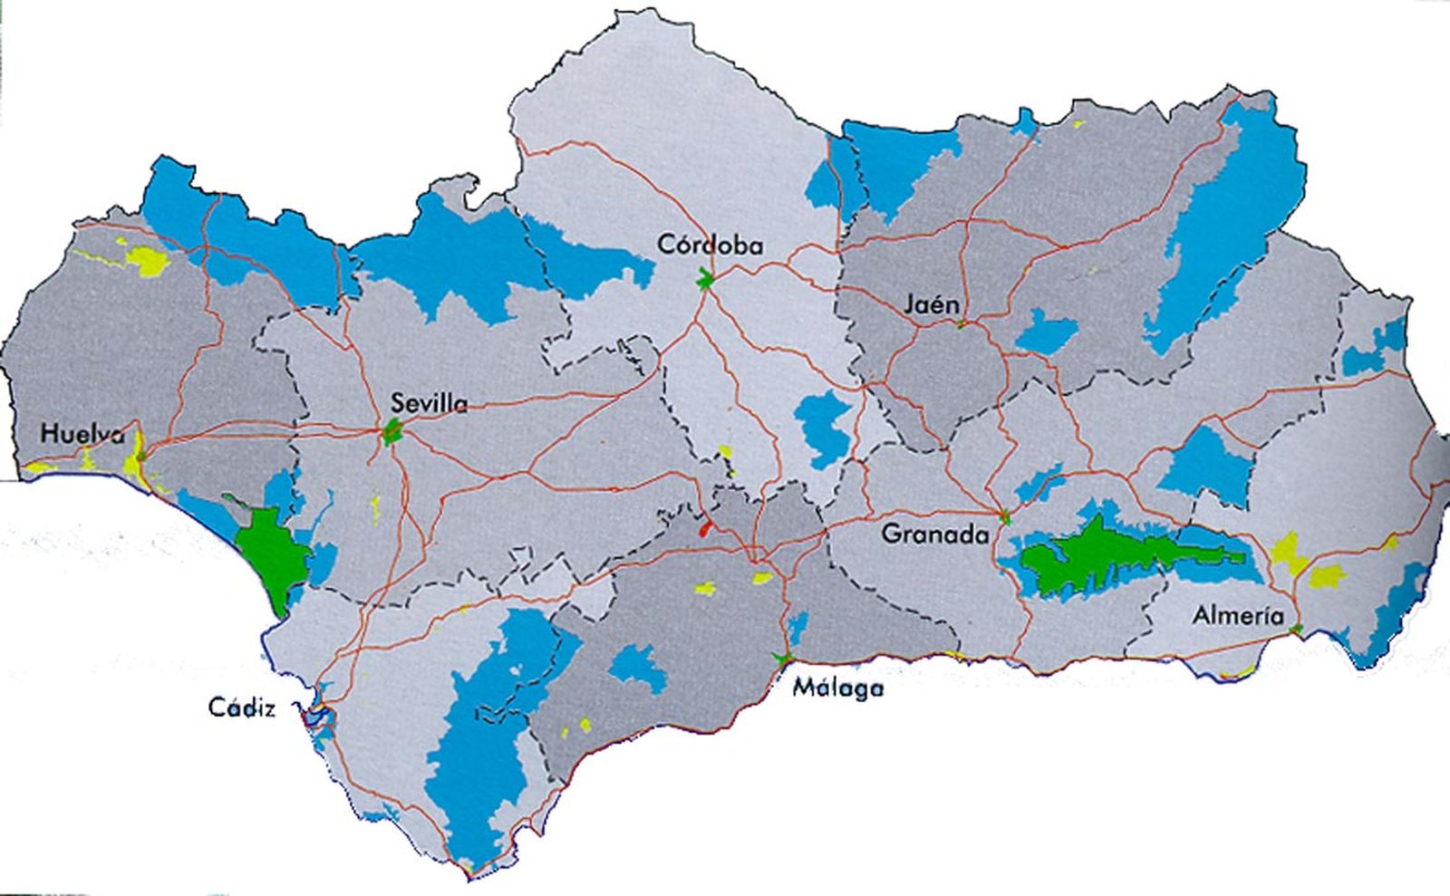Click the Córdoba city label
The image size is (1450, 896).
coord(710,245)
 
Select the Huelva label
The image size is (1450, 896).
coord(82,434)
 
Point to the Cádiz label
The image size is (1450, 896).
coord(241,708)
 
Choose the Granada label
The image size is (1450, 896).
coord(934,535)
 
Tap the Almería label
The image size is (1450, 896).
coord(1238,616)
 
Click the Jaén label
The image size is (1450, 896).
coord(931,305)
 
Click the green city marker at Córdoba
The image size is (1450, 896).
coord(705,280)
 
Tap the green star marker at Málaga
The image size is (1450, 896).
coord(781,659)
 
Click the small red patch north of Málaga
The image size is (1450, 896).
coord(704,527)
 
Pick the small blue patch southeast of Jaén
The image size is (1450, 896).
coord(1047,332)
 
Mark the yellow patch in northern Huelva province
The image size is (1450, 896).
coord(147,261)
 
